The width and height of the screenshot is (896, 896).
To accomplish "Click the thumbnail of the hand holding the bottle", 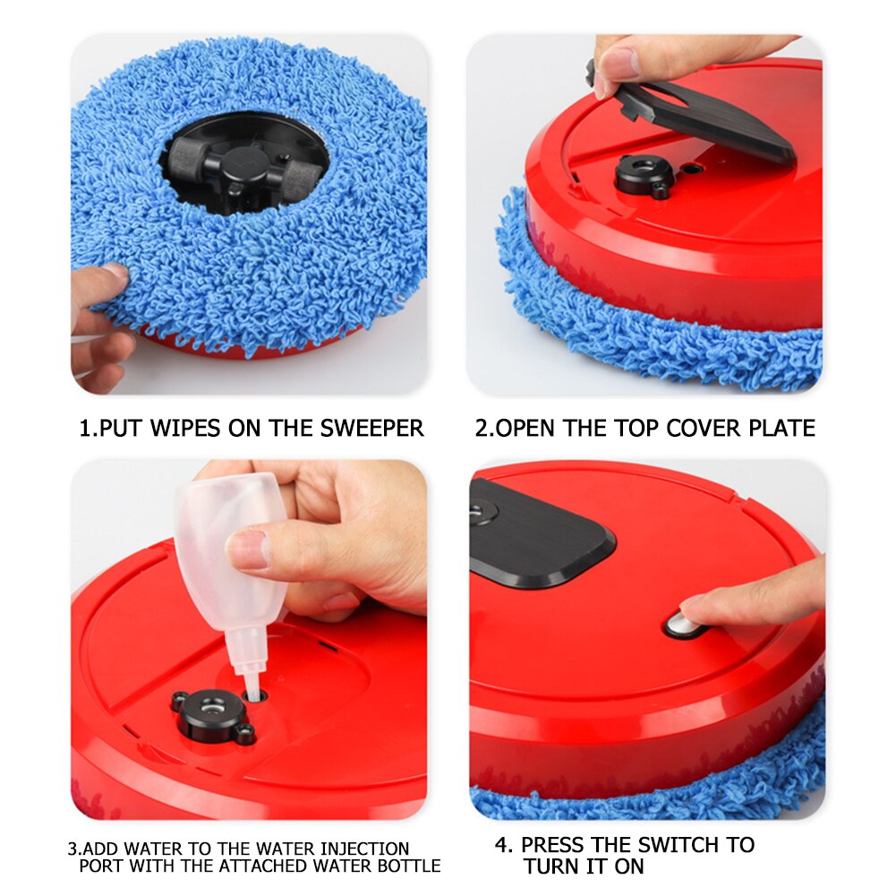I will pyautogui.click(x=251, y=549).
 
